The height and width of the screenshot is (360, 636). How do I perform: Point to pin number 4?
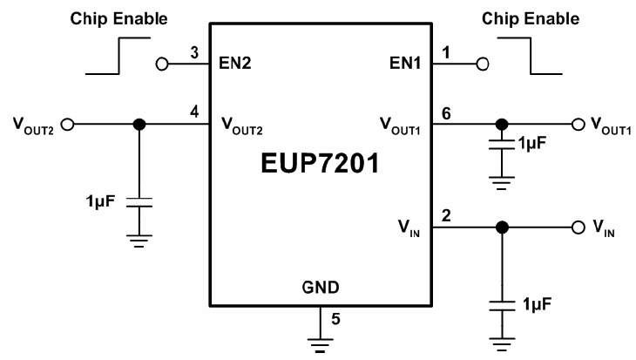coord(194,112)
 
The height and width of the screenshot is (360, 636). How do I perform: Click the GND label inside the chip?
coord(321,287)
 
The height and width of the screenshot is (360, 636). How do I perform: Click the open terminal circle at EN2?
coord(161,64)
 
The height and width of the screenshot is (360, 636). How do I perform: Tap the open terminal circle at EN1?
coord(481,64)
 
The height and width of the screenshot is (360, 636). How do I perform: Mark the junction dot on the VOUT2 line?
coord(137,124)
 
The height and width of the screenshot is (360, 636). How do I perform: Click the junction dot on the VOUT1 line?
coord(501,124)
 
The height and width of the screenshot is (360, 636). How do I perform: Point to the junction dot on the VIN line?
coord(501,228)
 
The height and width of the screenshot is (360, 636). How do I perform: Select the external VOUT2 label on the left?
coord(35,124)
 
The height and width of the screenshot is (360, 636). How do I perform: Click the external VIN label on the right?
coord(603,228)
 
